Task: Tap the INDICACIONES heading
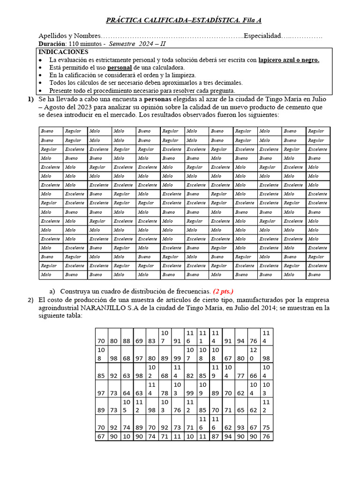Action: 63,52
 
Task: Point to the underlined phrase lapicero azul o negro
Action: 289,60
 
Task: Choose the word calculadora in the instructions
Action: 166,67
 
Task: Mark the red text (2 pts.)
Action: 223,291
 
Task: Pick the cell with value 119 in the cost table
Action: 216,371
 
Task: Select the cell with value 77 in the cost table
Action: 240,375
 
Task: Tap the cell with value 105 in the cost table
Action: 127,406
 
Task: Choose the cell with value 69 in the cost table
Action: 139,341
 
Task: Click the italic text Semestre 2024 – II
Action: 137,44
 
